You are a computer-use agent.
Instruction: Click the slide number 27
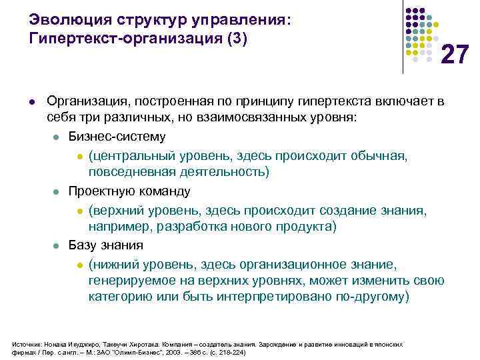pos(456,54)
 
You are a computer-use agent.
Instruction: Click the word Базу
pos(83,245)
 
